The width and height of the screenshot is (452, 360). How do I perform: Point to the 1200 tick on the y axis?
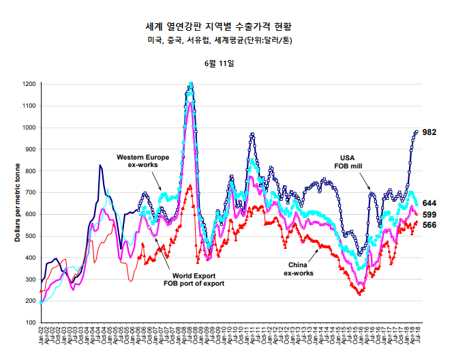click(x=29, y=85)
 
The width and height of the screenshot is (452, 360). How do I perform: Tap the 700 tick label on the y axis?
click(x=30, y=193)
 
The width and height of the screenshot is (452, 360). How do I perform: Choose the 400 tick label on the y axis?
click(x=30, y=258)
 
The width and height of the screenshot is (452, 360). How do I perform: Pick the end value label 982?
click(x=430, y=132)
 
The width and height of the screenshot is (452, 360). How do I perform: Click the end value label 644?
click(x=430, y=203)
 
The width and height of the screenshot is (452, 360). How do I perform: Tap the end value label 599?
click(x=430, y=215)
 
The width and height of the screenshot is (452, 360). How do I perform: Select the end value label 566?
click(x=430, y=225)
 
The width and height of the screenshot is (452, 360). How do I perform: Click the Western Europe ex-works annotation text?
click(x=143, y=162)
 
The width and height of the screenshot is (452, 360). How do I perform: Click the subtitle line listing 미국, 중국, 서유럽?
click(x=224, y=41)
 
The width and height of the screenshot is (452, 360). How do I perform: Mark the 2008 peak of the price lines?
click(x=190, y=84)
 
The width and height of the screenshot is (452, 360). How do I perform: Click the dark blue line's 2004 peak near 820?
click(x=100, y=166)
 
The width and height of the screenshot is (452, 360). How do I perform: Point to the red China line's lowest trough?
click(x=359, y=294)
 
